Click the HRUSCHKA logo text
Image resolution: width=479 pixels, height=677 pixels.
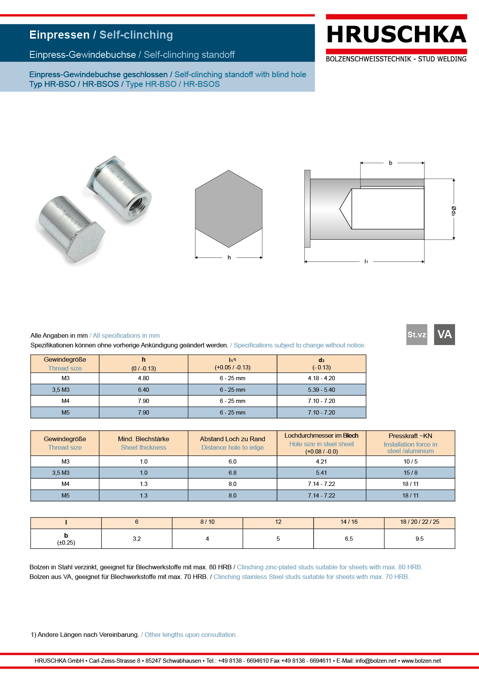pyautogui.click(x=396, y=35)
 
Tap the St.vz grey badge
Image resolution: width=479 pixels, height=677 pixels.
pyautogui.click(x=416, y=334)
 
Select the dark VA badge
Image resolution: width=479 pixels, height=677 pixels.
pyautogui.click(x=444, y=334)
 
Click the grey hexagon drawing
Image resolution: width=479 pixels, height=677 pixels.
pyautogui.click(x=229, y=208)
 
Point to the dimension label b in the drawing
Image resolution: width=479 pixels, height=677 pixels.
pyautogui.click(x=391, y=163)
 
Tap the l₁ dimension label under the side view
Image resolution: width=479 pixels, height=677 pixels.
pyautogui.click(x=366, y=261)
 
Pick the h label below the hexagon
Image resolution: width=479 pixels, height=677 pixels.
pyautogui.click(x=229, y=257)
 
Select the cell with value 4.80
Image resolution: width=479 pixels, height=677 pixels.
pyautogui.click(x=143, y=378)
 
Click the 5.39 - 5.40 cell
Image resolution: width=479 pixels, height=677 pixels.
pyautogui.click(x=321, y=390)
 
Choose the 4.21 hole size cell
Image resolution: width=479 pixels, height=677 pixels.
pyautogui.click(x=321, y=462)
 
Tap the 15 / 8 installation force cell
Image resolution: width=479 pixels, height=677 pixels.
pyautogui.click(x=410, y=473)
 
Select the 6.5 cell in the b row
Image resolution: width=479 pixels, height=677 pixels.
pyautogui.click(x=348, y=539)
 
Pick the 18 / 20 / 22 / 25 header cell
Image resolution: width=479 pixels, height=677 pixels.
pyautogui.click(x=420, y=522)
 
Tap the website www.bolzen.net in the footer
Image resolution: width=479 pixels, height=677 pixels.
pyautogui.click(x=421, y=661)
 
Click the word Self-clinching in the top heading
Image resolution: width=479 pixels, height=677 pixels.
pyautogui.click(x=136, y=35)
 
